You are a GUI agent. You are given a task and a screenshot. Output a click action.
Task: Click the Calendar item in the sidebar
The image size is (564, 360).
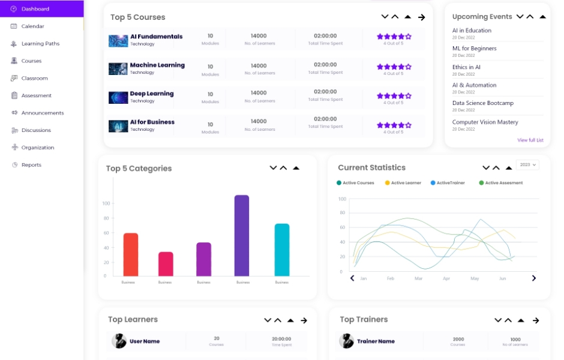pos(32,26)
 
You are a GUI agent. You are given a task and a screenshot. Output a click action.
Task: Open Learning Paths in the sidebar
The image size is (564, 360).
pos(40,44)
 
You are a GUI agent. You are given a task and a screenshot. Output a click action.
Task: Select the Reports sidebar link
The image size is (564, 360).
pos(31,165)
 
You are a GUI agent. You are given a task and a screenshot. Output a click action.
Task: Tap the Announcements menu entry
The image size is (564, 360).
pos(42,113)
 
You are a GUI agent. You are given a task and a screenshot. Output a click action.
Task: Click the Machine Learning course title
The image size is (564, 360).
pos(157,65)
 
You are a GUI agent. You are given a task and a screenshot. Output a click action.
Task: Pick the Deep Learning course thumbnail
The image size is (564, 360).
pos(118,97)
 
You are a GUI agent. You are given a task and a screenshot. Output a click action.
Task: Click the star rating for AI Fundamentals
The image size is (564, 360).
pos(394,37)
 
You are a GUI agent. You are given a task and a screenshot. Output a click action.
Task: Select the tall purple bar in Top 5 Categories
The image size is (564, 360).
pos(242,235)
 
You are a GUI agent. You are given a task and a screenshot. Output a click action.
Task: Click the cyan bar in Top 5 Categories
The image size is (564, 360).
pos(282,250)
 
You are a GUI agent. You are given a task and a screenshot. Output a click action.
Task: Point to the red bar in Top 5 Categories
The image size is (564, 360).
pos(131,254)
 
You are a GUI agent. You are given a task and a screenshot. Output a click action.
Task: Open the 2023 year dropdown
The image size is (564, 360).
pos(527,164)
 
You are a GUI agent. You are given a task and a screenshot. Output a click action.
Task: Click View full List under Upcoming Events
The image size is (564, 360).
pos(530,140)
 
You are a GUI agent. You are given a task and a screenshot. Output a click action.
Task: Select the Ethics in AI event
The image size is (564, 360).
pos(466,67)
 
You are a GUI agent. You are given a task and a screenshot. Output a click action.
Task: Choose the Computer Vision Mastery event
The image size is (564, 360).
pos(485,122)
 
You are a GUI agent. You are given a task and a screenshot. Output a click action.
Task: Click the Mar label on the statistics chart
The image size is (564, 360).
pos(418,278)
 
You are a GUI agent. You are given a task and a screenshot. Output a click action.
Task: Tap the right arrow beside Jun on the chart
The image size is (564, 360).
pos(534,278)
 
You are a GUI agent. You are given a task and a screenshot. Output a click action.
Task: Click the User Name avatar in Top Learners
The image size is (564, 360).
pos(119,341)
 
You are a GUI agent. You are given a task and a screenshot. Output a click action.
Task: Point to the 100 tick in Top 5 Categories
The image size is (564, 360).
pos(106,203)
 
